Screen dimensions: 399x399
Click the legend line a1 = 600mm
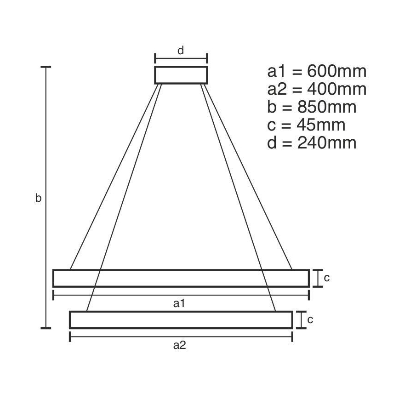(317, 72)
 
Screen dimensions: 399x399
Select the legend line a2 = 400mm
(317, 89)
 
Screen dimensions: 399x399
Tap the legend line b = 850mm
(312, 107)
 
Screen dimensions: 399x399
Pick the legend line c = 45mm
(306, 125)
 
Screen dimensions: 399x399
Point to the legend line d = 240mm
(312, 142)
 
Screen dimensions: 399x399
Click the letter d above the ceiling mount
(181, 51)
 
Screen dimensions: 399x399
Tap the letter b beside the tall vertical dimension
(39, 198)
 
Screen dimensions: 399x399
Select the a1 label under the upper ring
(179, 303)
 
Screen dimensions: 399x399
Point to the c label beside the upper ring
(326, 278)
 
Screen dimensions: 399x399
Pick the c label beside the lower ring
(310, 320)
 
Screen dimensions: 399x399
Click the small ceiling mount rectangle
(181, 75)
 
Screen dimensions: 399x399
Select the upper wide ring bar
(181, 278)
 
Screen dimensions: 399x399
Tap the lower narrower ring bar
(181, 320)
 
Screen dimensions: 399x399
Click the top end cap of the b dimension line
(46, 67)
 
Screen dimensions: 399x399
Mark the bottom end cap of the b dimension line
(46, 328)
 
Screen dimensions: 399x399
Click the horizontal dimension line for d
(181, 58)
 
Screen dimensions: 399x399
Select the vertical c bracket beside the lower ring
(301, 320)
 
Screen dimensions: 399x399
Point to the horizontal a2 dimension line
(181, 337)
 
